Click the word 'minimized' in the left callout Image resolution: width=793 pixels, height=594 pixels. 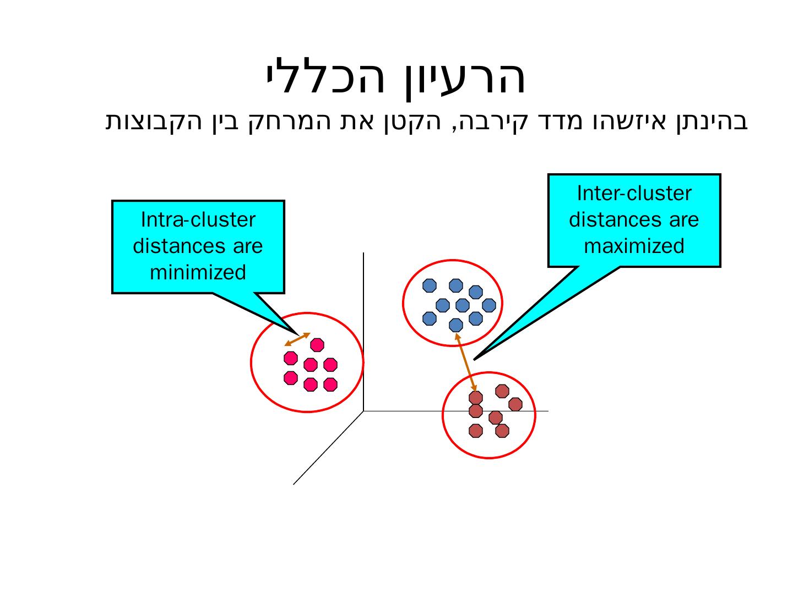click(x=198, y=272)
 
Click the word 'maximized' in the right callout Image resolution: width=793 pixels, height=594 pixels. click(x=634, y=246)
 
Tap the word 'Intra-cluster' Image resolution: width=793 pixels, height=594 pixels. click(x=198, y=220)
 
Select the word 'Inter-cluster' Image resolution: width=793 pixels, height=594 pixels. click(x=634, y=194)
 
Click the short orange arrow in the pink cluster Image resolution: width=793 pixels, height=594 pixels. click(x=297, y=339)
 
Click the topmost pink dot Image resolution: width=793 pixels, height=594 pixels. click(x=317, y=345)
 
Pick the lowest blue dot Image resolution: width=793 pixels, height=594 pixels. click(x=455, y=325)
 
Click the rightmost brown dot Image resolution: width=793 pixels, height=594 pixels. click(x=515, y=404)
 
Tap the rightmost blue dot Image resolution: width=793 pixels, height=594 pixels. click(x=488, y=305)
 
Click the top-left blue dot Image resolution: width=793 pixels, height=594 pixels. click(x=429, y=285)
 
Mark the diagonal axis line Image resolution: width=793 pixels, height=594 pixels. click(x=328, y=448)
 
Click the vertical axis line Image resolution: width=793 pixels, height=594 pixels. click(x=363, y=330)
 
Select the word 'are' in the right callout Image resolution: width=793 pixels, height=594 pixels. click(x=684, y=220)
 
